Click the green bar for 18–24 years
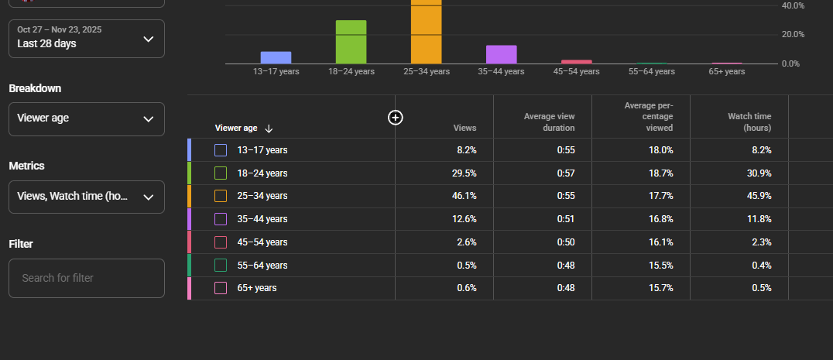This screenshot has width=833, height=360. [351, 42]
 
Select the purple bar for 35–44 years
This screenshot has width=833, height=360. [501, 54]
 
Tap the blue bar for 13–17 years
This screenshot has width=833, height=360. [276, 57]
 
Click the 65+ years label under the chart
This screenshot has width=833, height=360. [726, 71]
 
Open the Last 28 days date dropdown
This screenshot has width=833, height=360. [87, 39]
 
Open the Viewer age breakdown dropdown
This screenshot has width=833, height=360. [87, 119]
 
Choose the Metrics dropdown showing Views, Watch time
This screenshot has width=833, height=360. [87, 197]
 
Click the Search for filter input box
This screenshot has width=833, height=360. [87, 278]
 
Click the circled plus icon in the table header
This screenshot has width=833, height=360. [396, 117]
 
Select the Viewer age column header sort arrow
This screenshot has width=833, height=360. [269, 129]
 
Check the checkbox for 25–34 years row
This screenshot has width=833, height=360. [221, 196]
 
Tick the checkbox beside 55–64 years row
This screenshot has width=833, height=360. [221, 266]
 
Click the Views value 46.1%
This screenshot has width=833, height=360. [464, 196]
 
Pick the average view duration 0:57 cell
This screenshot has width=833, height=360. [565, 173]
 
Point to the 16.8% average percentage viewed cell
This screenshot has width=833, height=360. [660, 219]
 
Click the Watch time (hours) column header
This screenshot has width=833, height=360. [749, 122]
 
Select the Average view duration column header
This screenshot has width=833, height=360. [549, 122]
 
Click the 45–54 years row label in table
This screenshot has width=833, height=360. [262, 242]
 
